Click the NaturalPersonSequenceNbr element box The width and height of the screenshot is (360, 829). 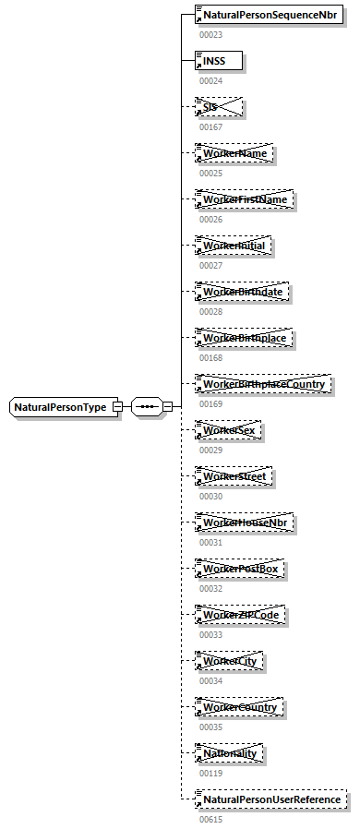click(x=269, y=15)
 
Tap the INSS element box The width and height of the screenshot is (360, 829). click(x=219, y=61)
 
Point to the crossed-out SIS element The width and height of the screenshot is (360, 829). click(x=219, y=107)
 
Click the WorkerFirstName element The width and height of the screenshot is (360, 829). click(x=245, y=199)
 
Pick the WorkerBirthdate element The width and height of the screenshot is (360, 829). click(x=242, y=292)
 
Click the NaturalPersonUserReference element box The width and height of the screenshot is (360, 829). click(x=271, y=799)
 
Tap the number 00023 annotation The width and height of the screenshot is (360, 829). click(x=210, y=34)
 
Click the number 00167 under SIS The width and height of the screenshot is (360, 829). click(x=210, y=126)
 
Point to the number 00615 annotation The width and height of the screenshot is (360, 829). click(x=210, y=819)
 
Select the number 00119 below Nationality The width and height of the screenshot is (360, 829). click(x=210, y=773)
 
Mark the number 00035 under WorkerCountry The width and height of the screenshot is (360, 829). click(x=210, y=727)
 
